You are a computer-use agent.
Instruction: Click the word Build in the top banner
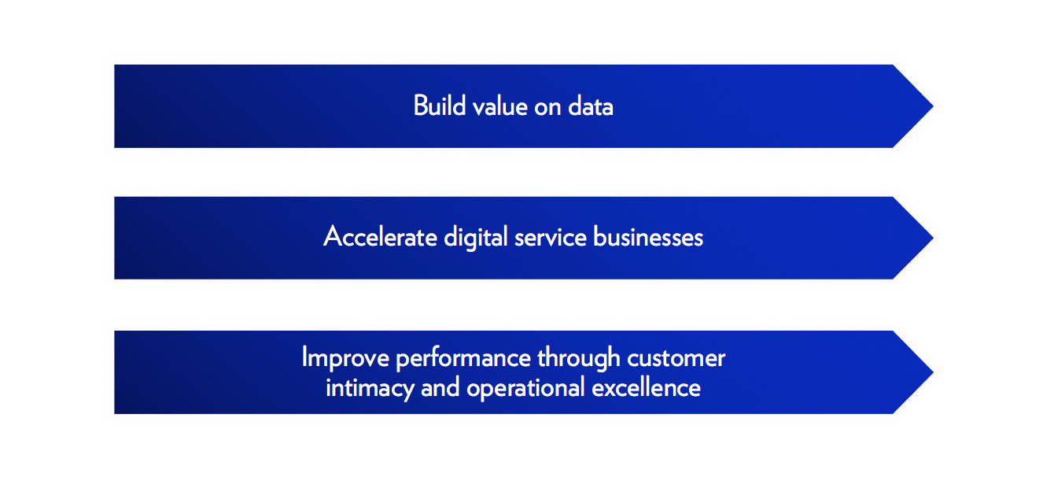[440, 105]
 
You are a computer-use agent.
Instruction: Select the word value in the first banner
[500, 106]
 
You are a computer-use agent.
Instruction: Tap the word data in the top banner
[591, 106]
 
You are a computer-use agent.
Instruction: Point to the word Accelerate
[380, 236]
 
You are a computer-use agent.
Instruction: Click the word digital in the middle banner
[476, 238]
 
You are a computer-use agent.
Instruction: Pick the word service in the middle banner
[551, 237]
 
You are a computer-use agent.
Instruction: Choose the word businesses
[648, 236]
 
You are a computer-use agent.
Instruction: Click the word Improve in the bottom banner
[346, 359]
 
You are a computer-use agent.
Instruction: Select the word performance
[463, 359]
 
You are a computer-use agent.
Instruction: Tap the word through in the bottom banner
[579, 358]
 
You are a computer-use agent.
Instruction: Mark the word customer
[676, 359]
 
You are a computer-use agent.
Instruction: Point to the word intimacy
[370, 389]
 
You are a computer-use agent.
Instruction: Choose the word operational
[525, 389]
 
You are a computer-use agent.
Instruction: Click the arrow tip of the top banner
[933, 106]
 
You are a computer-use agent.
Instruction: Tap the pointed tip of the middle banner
[933, 238]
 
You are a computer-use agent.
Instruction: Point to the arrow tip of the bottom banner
[933, 372]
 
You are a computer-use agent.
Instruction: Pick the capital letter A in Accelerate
[334, 236]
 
